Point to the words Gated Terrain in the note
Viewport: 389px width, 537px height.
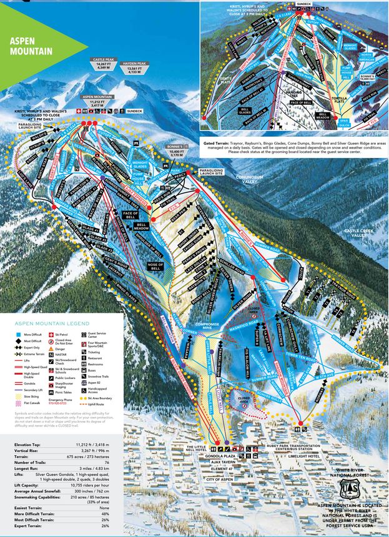[222, 143]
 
